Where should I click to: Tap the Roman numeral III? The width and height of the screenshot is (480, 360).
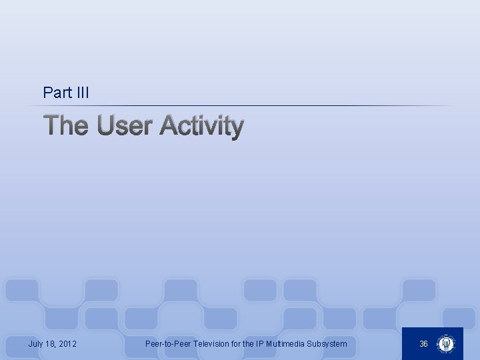[81, 93]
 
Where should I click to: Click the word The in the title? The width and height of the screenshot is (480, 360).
[65, 125]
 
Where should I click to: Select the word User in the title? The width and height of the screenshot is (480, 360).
[125, 125]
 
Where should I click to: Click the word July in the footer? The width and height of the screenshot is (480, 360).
[37, 344]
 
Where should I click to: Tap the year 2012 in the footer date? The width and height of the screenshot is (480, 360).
[67, 344]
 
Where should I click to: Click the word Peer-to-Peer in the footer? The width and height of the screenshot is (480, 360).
[168, 344]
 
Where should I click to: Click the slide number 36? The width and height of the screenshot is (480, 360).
[423, 344]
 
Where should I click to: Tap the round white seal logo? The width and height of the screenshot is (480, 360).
[445, 344]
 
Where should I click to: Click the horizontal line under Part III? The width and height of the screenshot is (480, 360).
[247, 106]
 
